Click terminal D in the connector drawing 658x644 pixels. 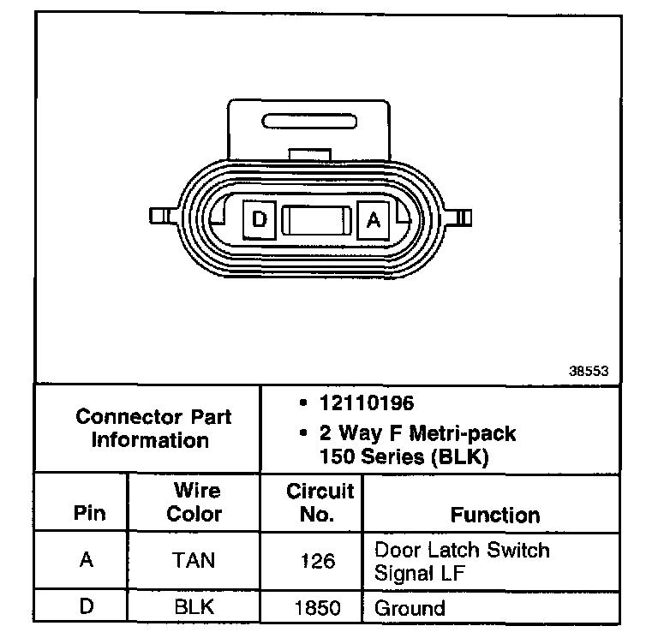[260, 219]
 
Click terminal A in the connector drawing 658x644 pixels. [374, 219]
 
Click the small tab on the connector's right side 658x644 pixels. [464, 216]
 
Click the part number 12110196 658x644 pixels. [367, 402]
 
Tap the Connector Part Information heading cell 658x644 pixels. [152, 428]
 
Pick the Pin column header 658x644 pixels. [89, 513]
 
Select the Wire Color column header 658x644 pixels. [194, 503]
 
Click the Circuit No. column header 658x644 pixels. [319, 503]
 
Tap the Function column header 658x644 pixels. [494, 515]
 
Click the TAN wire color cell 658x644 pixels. [194, 560]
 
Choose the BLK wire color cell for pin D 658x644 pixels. [194, 608]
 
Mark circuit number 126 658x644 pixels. [318, 561]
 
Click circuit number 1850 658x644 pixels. [318, 609]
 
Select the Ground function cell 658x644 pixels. [410, 609]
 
